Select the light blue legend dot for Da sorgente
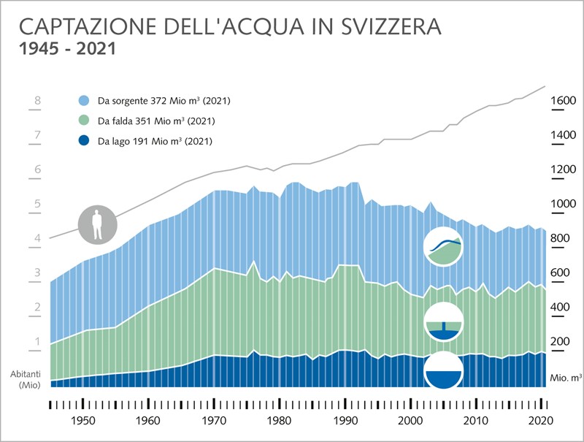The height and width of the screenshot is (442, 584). (84, 101)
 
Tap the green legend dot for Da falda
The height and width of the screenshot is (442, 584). (84, 121)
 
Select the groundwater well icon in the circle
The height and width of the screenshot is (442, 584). (443, 322)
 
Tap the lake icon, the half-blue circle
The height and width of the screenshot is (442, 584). (443, 370)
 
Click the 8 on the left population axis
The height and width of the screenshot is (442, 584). (36, 101)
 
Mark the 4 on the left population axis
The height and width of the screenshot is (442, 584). (36, 238)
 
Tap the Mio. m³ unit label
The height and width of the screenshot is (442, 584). (565, 378)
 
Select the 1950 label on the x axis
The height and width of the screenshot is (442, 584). (82, 421)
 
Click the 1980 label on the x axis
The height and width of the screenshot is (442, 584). (277, 421)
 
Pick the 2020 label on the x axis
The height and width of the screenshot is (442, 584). (539, 421)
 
